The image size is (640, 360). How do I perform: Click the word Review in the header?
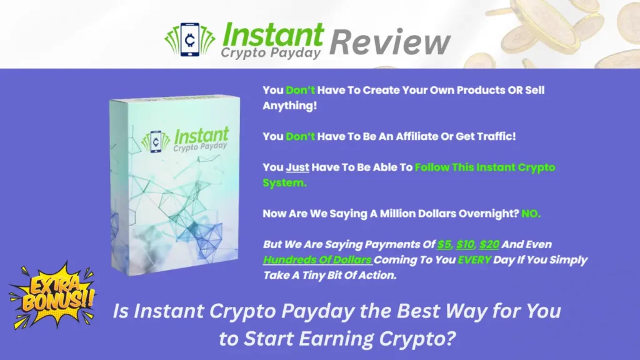(x=390, y=42)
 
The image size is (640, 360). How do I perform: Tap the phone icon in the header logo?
(x=190, y=39)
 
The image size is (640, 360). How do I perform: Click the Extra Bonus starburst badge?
(x=52, y=295)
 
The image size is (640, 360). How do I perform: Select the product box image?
(x=175, y=186)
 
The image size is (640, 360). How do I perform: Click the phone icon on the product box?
(x=156, y=142)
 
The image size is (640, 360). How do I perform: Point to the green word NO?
(x=531, y=214)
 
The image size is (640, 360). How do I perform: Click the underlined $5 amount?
(x=444, y=244)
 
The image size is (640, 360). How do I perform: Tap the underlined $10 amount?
(x=465, y=244)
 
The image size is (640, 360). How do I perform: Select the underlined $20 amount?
(x=489, y=244)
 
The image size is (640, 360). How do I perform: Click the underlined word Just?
(x=297, y=167)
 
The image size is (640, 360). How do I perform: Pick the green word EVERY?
(x=474, y=260)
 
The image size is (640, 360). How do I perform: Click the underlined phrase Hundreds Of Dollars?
(x=317, y=260)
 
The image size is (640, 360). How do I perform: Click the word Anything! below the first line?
(x=290, y=106)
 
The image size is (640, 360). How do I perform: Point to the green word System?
(x=284, y=183)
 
